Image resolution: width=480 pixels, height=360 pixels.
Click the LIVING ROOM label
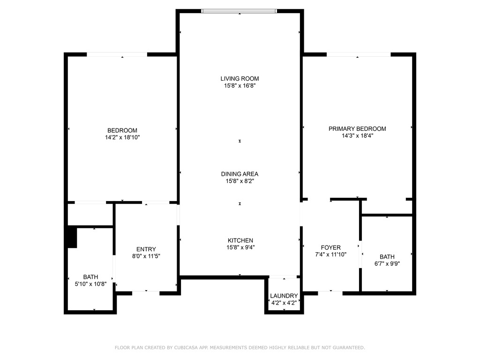[x=240, y=79]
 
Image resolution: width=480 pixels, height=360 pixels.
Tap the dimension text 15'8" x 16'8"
[x=240, y=86]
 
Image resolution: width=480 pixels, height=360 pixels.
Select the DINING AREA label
[x=240, y=174]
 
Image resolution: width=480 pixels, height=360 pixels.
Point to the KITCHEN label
[x=240, y=240]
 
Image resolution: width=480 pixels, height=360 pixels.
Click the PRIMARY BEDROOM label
[x=357, y=129]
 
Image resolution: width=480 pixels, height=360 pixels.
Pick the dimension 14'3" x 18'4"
[x=357, y=136]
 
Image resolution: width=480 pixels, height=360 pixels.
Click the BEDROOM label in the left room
[x=122, y=130]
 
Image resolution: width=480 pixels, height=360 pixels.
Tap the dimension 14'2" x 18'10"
[x=122, y=137]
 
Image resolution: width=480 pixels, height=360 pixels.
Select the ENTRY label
[x=146, y=249]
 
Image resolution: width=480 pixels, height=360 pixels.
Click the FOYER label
[x=330, y=247]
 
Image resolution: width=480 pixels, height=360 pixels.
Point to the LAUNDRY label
[x=284, y=296]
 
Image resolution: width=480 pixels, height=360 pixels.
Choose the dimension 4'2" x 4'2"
[x=284, y=303]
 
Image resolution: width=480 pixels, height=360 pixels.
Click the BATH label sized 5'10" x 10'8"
[x=91, y=277]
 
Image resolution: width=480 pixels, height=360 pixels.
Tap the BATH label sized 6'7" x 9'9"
[x=387, y=256]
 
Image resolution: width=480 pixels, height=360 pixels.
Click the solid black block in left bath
[x=72, y=237]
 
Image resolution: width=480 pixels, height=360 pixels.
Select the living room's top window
[x=239, y=11]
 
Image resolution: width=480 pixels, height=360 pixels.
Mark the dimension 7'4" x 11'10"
[x=330, y=254]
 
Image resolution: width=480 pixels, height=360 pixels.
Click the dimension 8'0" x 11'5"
[x=146, y=256]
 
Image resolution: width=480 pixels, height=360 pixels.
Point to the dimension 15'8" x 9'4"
[x=240, y=247]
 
